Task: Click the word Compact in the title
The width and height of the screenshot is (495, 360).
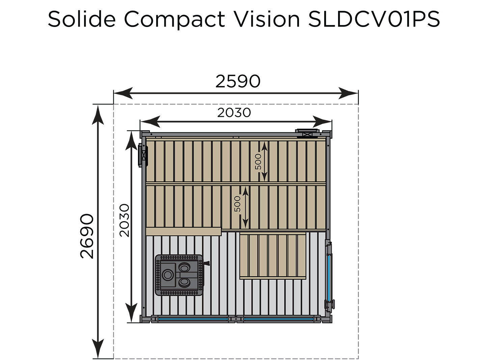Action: (x=174, y=20)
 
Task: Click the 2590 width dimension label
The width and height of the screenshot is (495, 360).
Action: (x=238, y=81)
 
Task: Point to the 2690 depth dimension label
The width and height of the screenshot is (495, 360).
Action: (x=87, y=236)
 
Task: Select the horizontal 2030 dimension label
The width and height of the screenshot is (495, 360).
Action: (x=234, y=112)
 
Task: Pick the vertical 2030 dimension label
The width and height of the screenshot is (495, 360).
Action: (x=125, y=221)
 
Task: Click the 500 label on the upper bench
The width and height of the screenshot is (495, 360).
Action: (x=258, y=162)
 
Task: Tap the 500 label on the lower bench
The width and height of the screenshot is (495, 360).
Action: (x=237, y=204)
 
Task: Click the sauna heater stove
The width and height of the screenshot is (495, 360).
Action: (x=180, y=275)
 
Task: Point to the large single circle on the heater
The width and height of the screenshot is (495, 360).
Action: (x=168, y=275)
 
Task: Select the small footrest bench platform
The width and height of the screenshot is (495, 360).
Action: (x=273, y=256)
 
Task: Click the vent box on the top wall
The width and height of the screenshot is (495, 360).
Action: (x=307, y=134)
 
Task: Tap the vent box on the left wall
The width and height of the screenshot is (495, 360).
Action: (x=143, y=155)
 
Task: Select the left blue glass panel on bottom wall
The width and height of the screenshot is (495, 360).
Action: (x=193, y=319)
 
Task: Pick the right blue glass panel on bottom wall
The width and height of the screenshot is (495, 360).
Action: (x=278, y=319)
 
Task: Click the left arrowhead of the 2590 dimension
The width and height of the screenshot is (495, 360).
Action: (x=123, y=93)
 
